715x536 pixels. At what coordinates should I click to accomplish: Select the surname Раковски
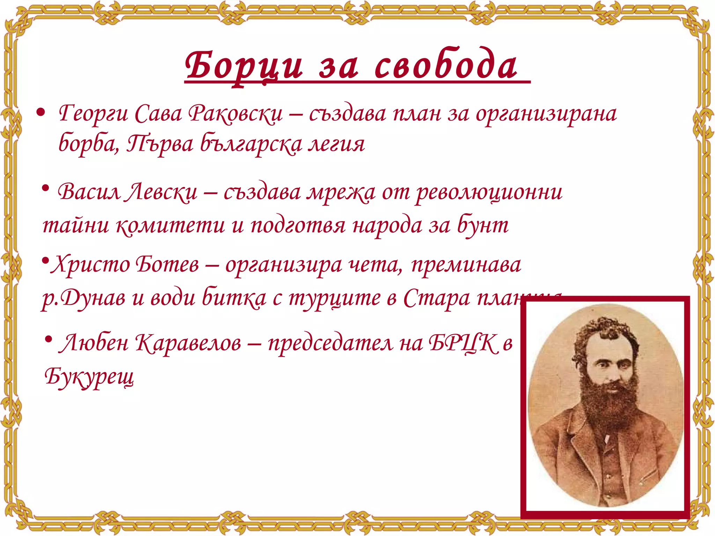(236, 114)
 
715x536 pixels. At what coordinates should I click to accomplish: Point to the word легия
(336, 144)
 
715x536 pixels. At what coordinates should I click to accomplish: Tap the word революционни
(489, 192)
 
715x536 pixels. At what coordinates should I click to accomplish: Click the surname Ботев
(167, 264)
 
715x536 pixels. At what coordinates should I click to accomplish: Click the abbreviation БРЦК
(463, 343)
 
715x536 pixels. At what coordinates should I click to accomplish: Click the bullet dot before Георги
(41, 113)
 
